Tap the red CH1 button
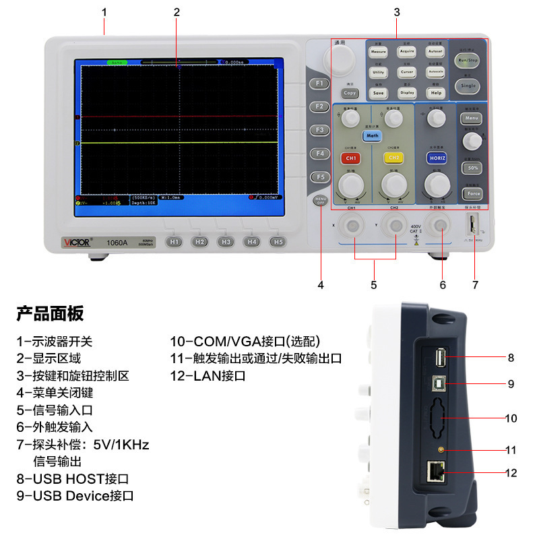tap(350, 158)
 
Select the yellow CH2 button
tap(393, 158)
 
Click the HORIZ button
tap(437, 158)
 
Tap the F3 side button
tap(320, 129)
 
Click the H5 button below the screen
tap(276, 241)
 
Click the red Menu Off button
tap(321, 200)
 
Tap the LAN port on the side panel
tap(435, 471)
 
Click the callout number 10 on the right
tap(511, 418)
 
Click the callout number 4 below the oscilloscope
tap(321, 285)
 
